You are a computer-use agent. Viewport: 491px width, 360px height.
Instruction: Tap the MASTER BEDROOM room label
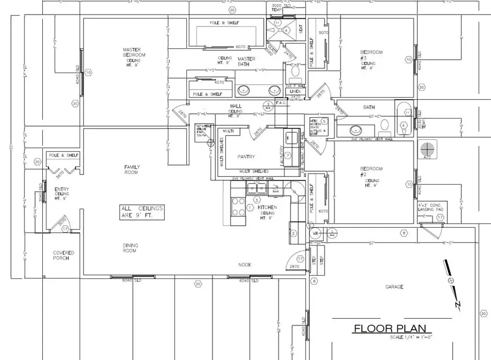tap(134, 52)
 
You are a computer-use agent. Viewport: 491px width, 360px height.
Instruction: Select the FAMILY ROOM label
tap(132, 170)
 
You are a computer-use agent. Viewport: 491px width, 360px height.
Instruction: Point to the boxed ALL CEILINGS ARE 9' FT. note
tap(142, 212)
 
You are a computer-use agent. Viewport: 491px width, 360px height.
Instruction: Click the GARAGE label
tap(394, 287)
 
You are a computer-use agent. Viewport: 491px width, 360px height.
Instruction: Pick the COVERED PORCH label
tap(63, 255)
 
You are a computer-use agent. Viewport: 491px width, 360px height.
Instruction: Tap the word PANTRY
tap(246, 157)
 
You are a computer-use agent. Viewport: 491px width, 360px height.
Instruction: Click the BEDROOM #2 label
tap(371, 172)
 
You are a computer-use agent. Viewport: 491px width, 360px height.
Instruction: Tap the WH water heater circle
tap(316, 233)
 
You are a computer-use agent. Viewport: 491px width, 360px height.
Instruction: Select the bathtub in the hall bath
tap(403, 118)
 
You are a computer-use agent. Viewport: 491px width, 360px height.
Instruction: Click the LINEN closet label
tap(295, 91)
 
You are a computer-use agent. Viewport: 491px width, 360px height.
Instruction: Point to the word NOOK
tap(245, 265)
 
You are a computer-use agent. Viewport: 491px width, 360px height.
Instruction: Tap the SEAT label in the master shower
tap(301, 29)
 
